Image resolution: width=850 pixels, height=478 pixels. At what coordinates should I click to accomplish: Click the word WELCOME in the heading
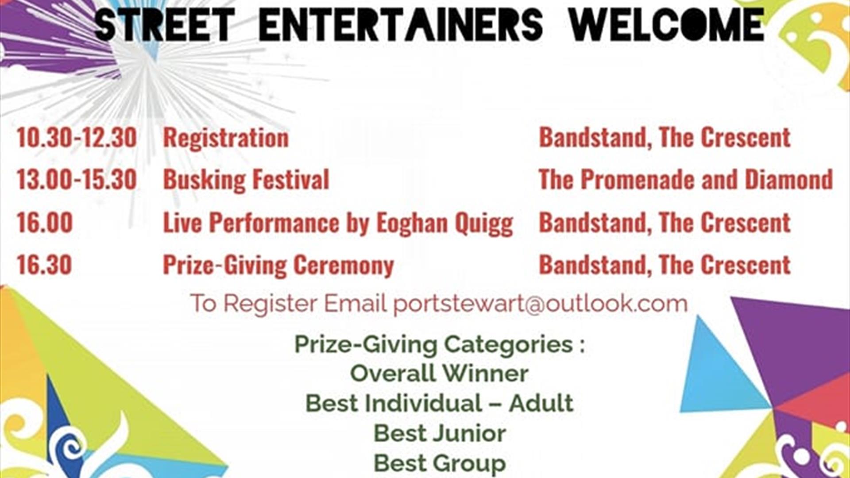pyautogui.click(x=667, y=24)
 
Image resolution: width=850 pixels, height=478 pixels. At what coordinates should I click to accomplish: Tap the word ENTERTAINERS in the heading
pyautogui.click(x=401, y=24)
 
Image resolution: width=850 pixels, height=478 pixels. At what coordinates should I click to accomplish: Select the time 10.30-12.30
pyautogui.click(x=77, y=138)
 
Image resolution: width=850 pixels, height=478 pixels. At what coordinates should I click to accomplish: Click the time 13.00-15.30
pyautogui.click(x=77, y=180)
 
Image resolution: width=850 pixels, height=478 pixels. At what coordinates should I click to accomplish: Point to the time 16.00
pyautogui.click(x=45, y=222)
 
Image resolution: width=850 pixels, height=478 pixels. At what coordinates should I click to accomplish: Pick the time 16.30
pyautogui.click(x=44, y=265)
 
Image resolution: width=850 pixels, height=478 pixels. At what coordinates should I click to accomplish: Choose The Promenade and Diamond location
pyautogui.click(x=686, y=180)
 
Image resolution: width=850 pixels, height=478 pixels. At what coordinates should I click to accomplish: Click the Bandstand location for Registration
pyautogui.click(x=665, y=138)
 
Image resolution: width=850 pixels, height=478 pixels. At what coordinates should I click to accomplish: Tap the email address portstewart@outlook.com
pyautogui.click(x=541, y=304)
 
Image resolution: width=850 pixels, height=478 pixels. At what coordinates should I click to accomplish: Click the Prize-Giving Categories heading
pyautogui.click(x=439, y=344)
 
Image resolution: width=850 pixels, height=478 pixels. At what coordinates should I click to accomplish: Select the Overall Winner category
pyautogui.click(x=439, y=373)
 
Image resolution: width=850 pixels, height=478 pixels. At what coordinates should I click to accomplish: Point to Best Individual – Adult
pyautogui.click(x=439, y=403)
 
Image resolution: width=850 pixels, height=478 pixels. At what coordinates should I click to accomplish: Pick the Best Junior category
pyautogui.click(x=440, y=433)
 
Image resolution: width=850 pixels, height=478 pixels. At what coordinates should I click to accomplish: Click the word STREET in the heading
pyautogui.click(x=164, y=24)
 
